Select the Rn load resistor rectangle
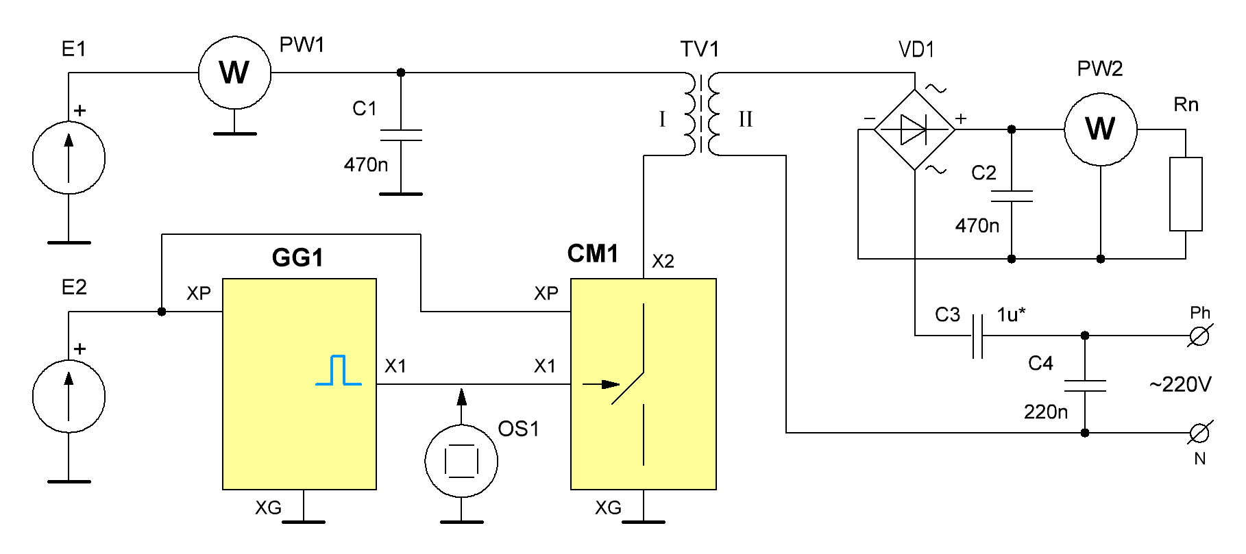1186,194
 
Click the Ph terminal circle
1200,336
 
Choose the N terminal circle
1200,433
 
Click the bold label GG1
297,258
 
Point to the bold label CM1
593,254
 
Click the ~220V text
1180,385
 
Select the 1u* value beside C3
1012,314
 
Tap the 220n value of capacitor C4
1047,412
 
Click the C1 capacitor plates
401,135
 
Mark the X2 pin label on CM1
663,261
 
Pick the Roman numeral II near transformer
746,119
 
